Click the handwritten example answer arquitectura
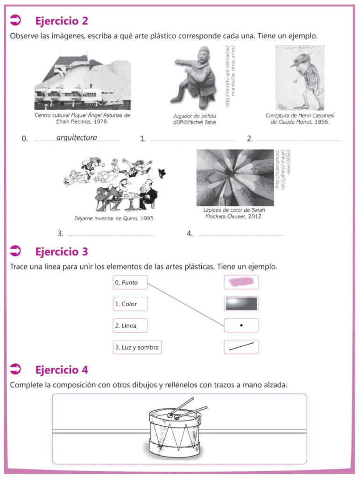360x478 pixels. point(77,138)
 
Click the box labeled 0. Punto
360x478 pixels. point(130,282)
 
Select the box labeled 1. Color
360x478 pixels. point(130,304)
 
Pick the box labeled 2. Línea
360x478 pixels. point(130,325)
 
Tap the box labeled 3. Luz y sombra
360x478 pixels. point(137,347)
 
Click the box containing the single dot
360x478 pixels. point(241,325)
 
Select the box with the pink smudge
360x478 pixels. point(241,282)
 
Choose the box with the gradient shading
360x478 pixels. point(241,303)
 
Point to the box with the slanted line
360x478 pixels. point(241,347)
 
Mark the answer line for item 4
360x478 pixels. point(240,235)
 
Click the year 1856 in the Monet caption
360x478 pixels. point(320,122)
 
